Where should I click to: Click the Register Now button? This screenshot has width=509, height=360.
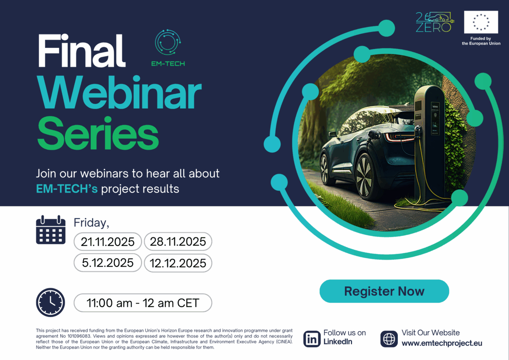384,291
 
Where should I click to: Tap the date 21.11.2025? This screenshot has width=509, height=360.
108,242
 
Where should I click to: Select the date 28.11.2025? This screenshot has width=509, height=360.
178,242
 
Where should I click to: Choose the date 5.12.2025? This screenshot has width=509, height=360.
108,263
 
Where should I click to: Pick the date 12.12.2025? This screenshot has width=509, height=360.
178,263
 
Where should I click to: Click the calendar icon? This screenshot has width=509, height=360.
50,230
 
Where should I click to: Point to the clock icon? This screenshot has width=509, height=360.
50,302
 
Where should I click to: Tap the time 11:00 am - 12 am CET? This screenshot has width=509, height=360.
143,303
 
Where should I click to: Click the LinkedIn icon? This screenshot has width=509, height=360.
312,339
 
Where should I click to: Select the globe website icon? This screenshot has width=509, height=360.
389,339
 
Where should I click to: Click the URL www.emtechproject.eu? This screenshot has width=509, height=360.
442,343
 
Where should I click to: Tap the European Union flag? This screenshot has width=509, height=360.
481,22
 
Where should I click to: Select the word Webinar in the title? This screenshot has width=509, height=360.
119,94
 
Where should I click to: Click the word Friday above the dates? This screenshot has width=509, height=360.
91,222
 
